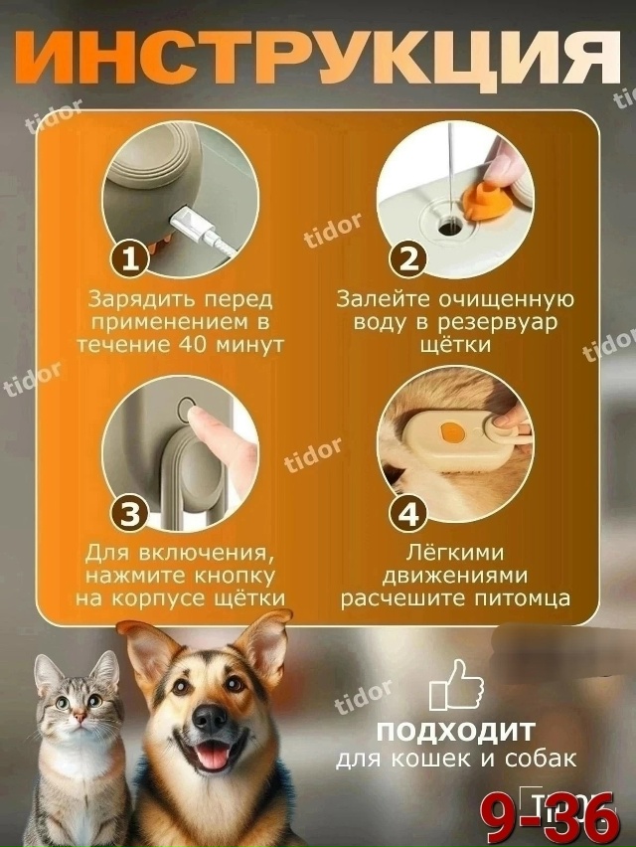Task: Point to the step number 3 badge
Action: coord(128,514)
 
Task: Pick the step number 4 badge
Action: coord(408,514)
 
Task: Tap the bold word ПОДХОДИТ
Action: coord(456,733)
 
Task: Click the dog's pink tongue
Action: coord(212,758)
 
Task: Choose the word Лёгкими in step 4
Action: coord(456,551)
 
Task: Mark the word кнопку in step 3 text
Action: coord(239,575)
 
